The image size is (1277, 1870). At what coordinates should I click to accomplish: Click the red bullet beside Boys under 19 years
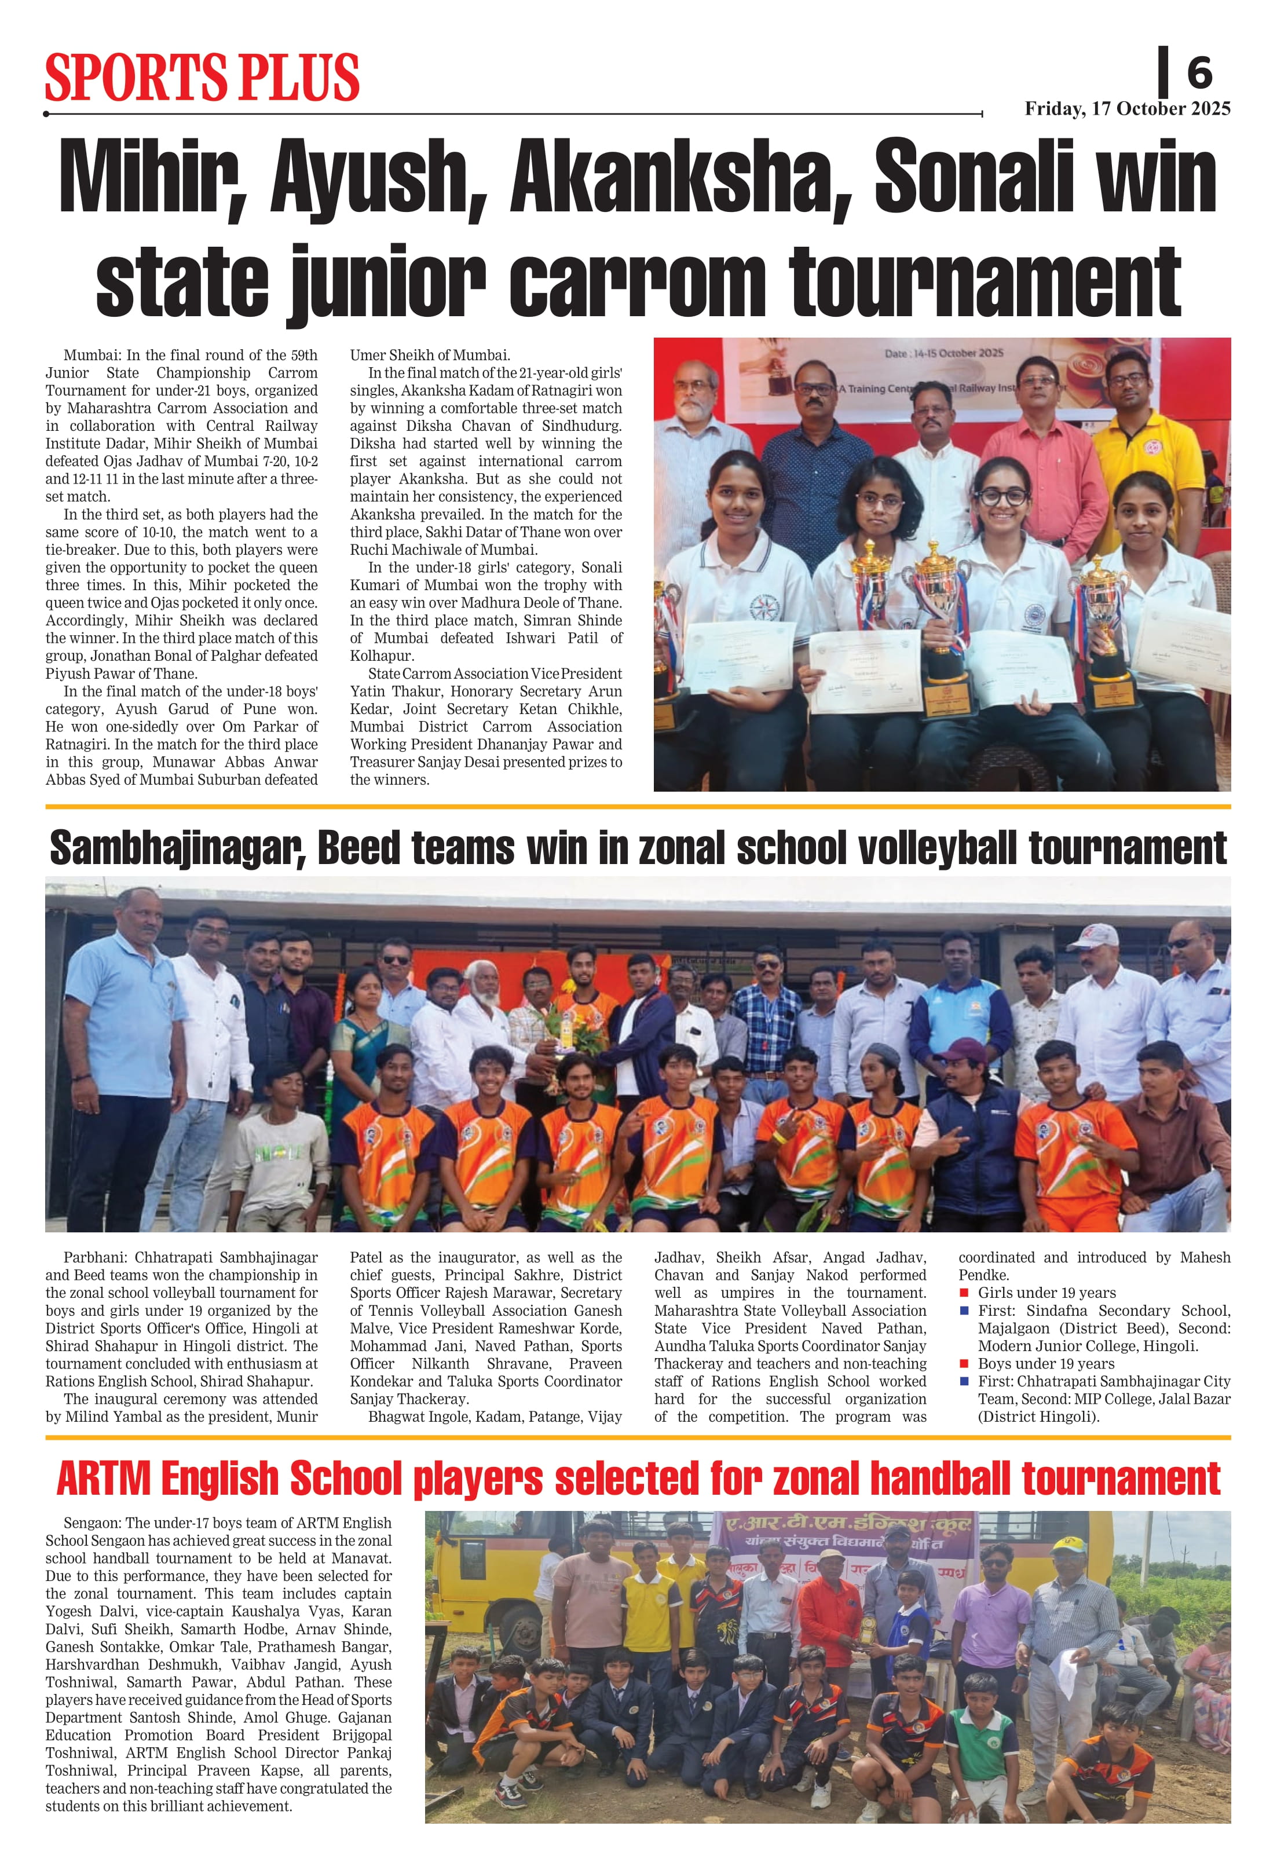click(x=964, y=1363)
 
